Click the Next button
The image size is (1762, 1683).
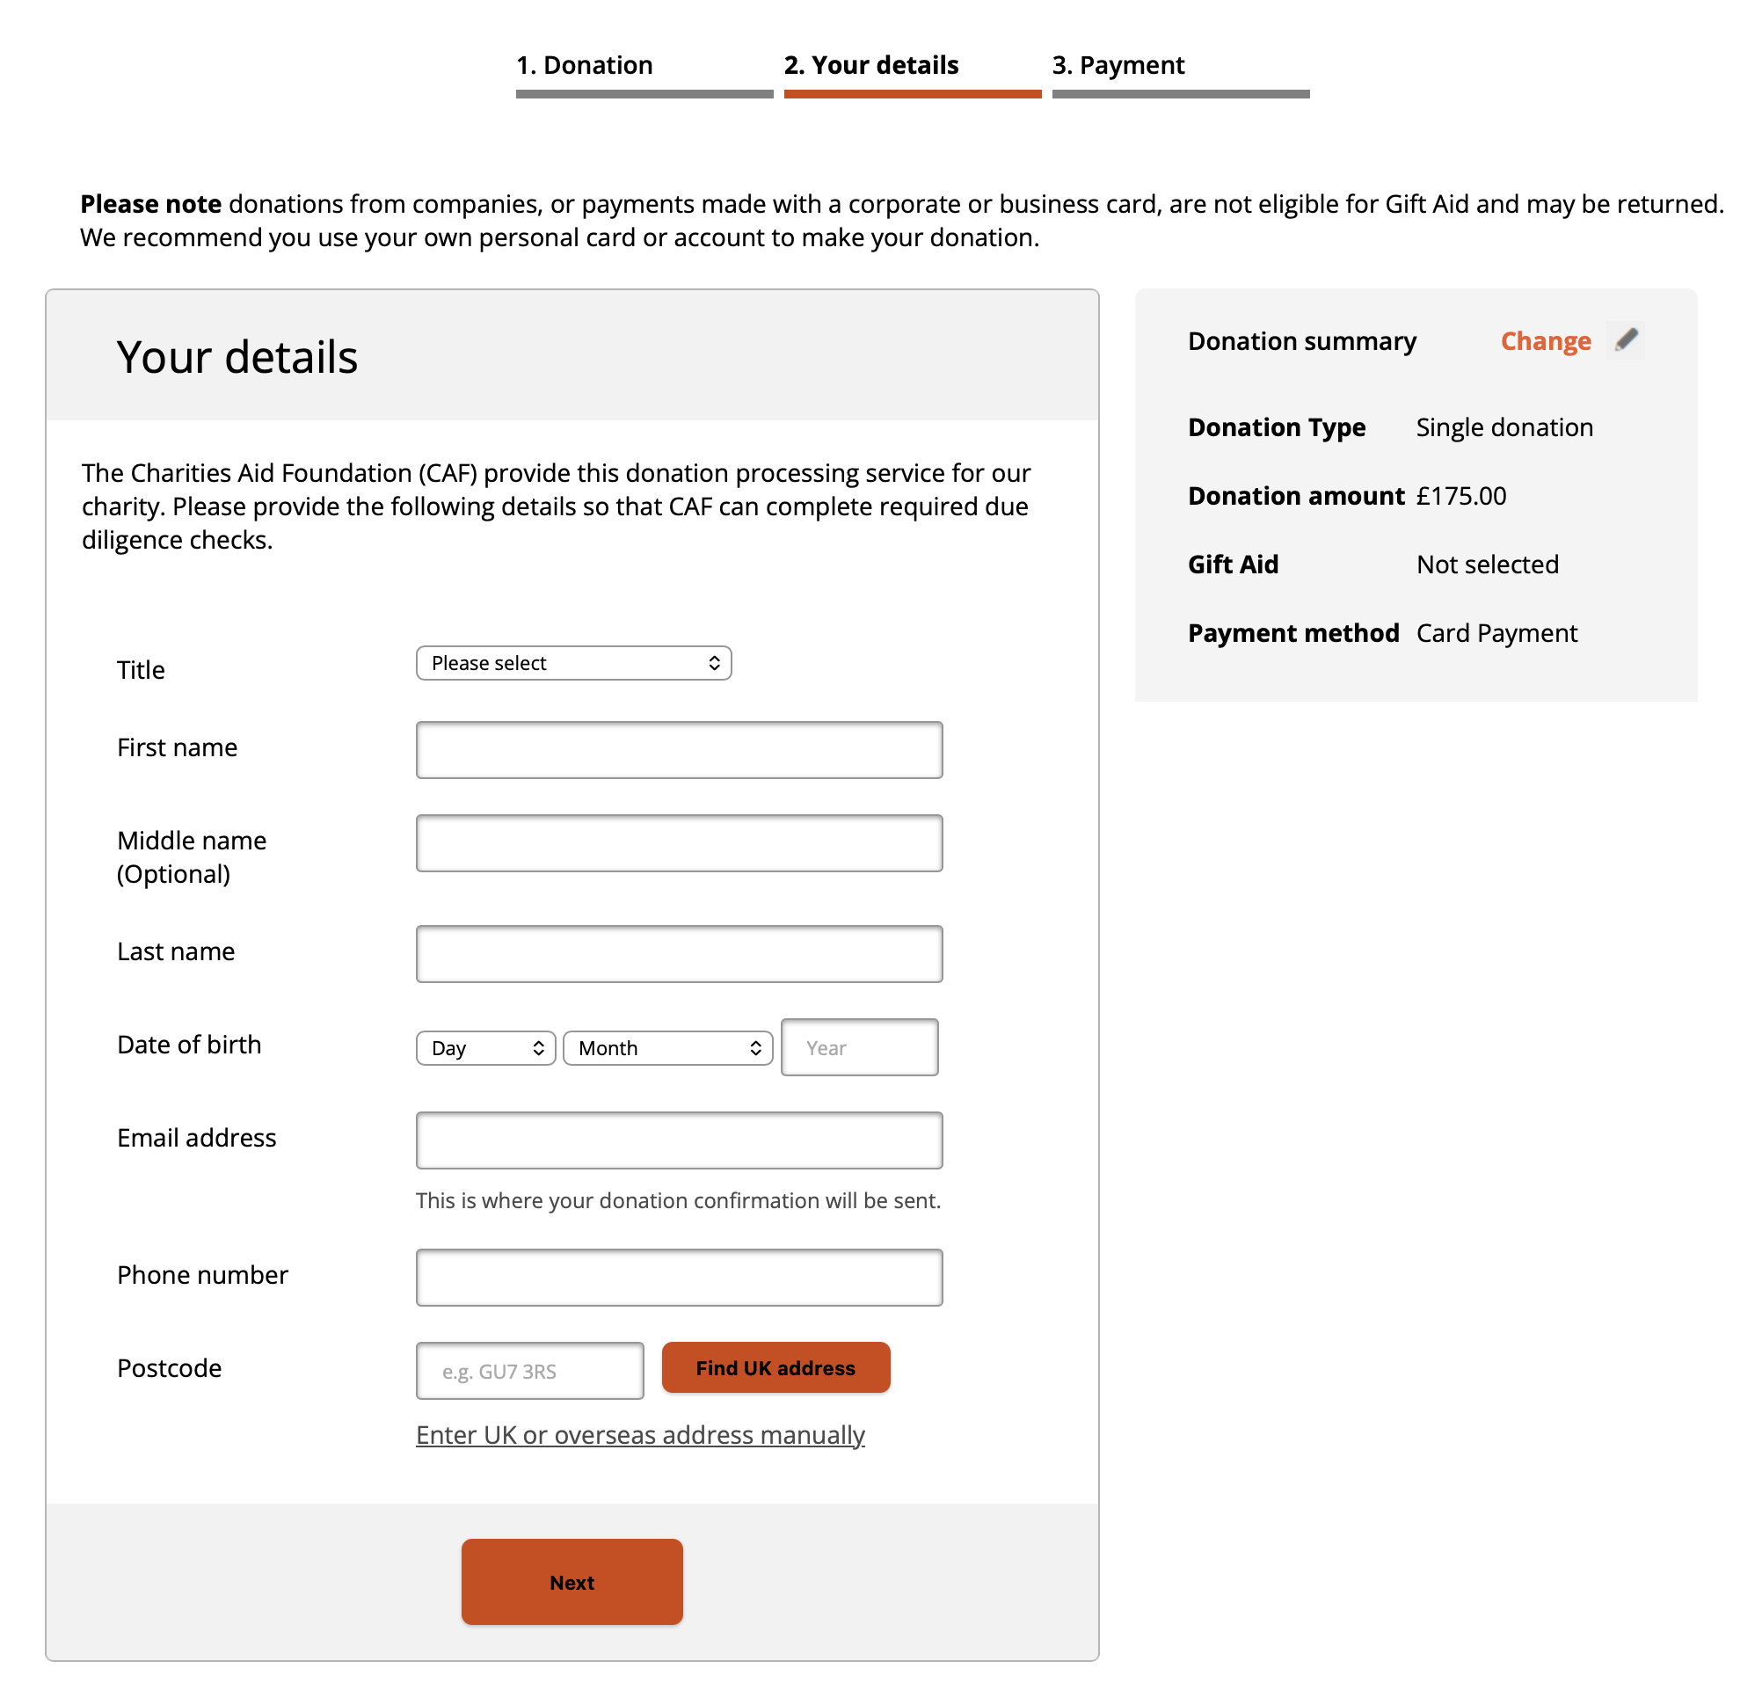(x=572, y=1582)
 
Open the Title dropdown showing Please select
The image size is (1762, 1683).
(x=573, y=663)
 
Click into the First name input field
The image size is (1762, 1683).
(x=678, y=750)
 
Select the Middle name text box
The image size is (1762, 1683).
(x=678, y=843)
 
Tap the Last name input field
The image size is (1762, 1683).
(x=678, y=954)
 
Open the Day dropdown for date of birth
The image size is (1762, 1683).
(x=485, y=1048)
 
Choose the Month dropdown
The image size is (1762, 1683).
(x=667, y=1048)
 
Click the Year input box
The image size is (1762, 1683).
(x=858, y=1047)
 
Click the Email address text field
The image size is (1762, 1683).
(x=678, y=1140)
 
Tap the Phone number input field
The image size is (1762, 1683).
(x=678, y=1278)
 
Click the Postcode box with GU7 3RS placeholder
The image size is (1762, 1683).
(x=529, y=1371)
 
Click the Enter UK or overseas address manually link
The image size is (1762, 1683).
(x=640, y=1435)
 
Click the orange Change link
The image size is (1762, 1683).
(x=1545, y=341)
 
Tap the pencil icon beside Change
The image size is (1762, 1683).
(x=1625, y=340)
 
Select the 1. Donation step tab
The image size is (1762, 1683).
(x=584, y=65)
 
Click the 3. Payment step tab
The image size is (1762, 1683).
(x=1118, y=65)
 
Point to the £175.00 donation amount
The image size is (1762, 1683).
(x=1460, y=496)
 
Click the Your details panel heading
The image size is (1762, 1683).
(x=237, y=357)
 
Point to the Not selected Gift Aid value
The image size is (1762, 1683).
(x=1487, y=565)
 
